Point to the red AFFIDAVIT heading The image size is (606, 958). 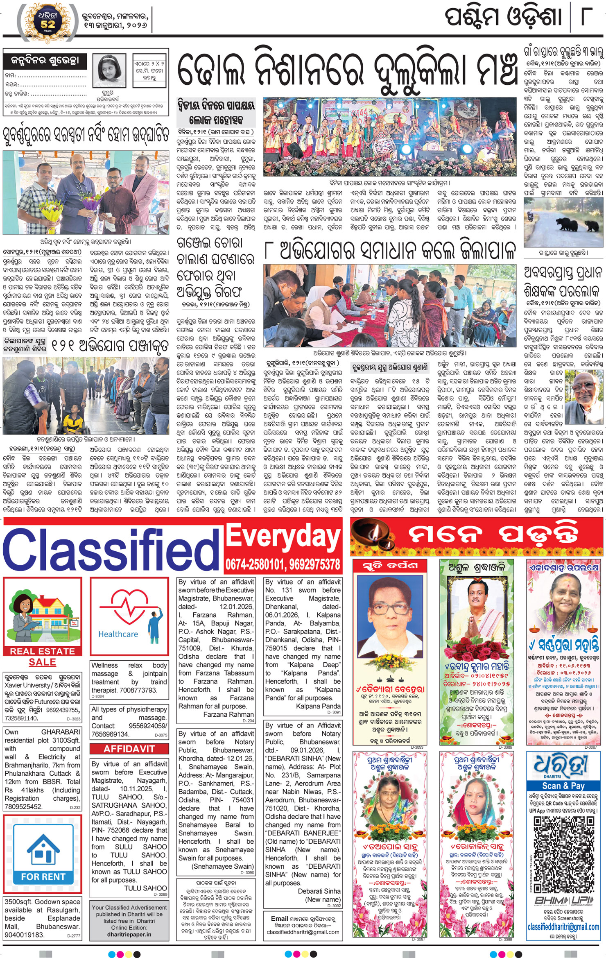129,749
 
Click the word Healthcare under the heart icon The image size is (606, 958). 118,634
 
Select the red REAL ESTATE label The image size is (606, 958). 43,651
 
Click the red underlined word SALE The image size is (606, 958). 43,662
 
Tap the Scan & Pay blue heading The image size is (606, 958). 563,786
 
